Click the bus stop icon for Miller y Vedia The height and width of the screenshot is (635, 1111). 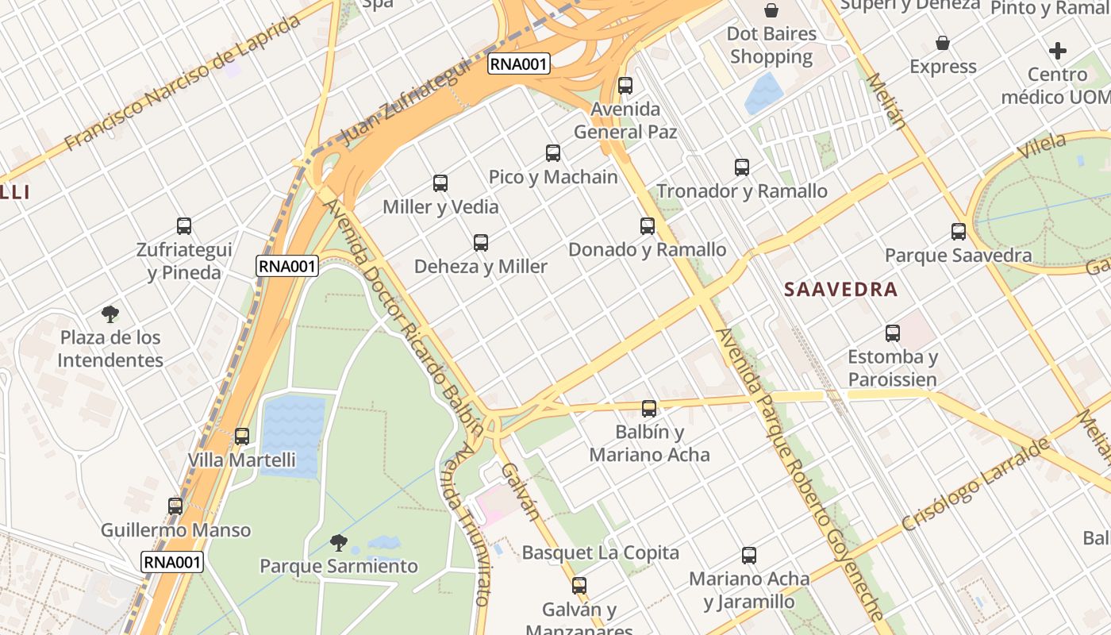(440, 183)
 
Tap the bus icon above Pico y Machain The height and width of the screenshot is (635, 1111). (553, 153)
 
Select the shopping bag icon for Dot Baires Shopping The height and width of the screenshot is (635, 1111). (771, 10)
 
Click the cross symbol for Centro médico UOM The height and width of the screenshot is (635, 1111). (1057, 52)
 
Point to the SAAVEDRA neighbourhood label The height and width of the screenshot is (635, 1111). (840, 290)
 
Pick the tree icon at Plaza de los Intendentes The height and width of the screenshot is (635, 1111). (110, 314)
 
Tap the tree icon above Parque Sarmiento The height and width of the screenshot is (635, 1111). (339, 543)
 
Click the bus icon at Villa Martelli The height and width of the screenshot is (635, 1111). (242, 436)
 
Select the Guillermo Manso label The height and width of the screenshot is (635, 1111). (175, 530)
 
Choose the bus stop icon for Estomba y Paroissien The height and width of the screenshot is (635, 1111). (893, 333)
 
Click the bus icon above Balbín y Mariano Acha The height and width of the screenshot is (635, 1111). (649, 409)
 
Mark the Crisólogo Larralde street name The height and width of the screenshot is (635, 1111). (975, 485)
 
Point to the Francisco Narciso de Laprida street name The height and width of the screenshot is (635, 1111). (183, 82)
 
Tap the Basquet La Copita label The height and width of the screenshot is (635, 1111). (600, 552)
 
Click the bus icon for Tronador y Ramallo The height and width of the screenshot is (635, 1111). (742, 167)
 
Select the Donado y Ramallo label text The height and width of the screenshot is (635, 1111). (647, 249)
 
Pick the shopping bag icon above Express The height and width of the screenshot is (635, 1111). (943, 43)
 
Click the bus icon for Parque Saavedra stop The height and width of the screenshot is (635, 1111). (959, 232)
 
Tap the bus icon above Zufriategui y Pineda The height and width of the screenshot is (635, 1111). (184, 226)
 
